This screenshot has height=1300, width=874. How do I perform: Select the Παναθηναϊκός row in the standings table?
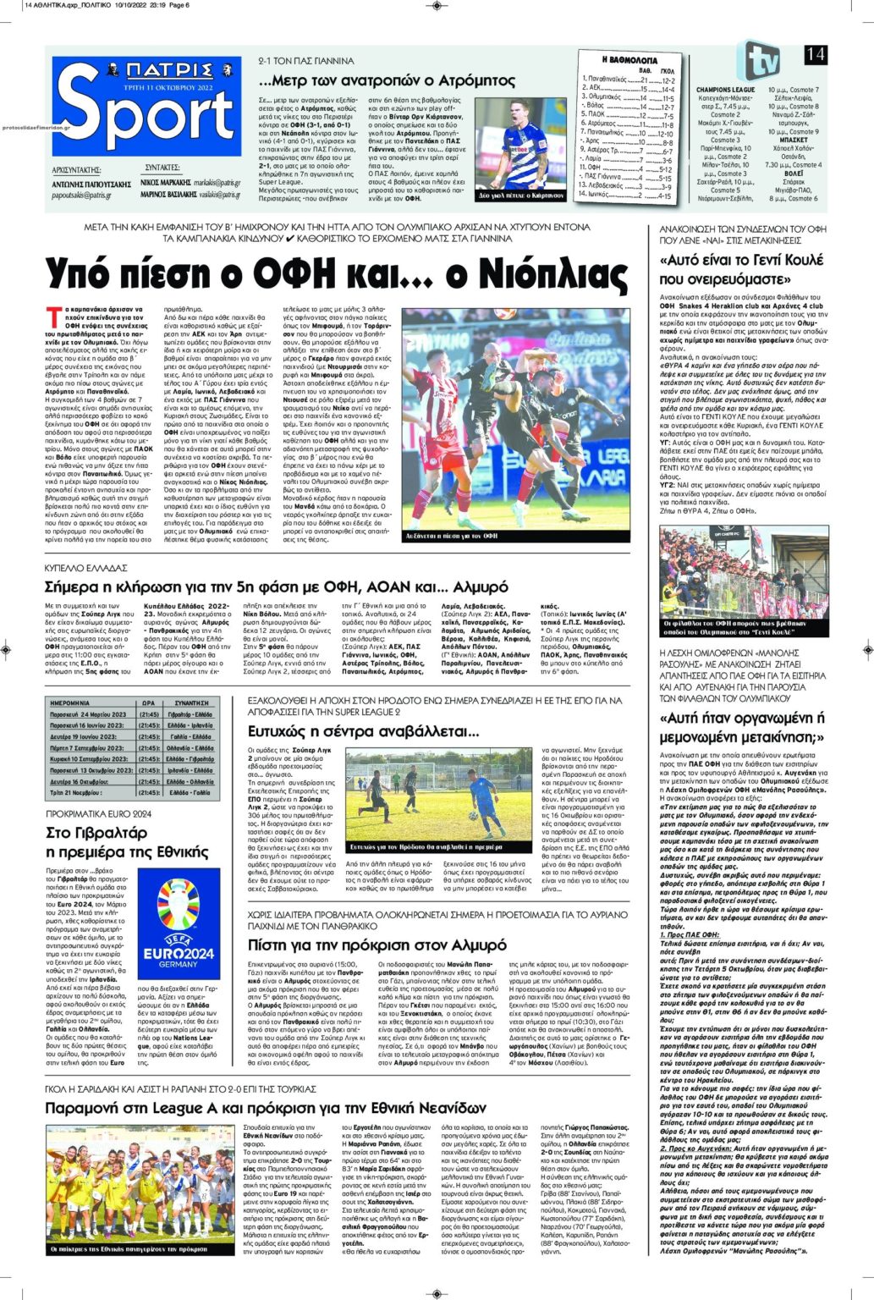click(x=627, y=79)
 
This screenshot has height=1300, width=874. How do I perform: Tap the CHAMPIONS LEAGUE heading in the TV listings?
click(x=725, y=89)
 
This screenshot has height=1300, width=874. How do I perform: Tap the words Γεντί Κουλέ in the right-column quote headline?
click(x=759, y=261)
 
